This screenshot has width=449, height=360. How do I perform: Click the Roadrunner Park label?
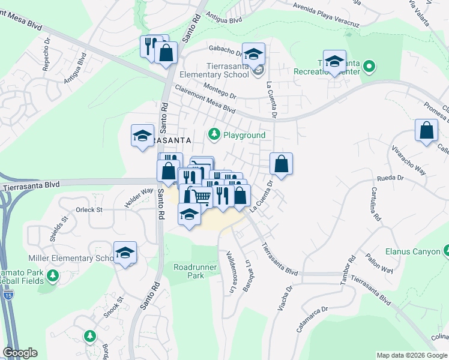point(189,271)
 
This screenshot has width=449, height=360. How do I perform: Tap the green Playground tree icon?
point(213,134)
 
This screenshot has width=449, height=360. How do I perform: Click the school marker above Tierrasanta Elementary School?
point(253,54)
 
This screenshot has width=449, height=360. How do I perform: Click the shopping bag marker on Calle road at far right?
point(426,131)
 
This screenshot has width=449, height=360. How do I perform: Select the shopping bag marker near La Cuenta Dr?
point(280,163)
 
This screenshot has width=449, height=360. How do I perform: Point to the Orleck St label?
point(89,210)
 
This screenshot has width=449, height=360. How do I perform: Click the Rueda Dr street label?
point(388,178)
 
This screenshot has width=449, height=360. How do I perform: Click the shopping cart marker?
point(202,196)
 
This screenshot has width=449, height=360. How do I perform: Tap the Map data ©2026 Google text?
point(412,355)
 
